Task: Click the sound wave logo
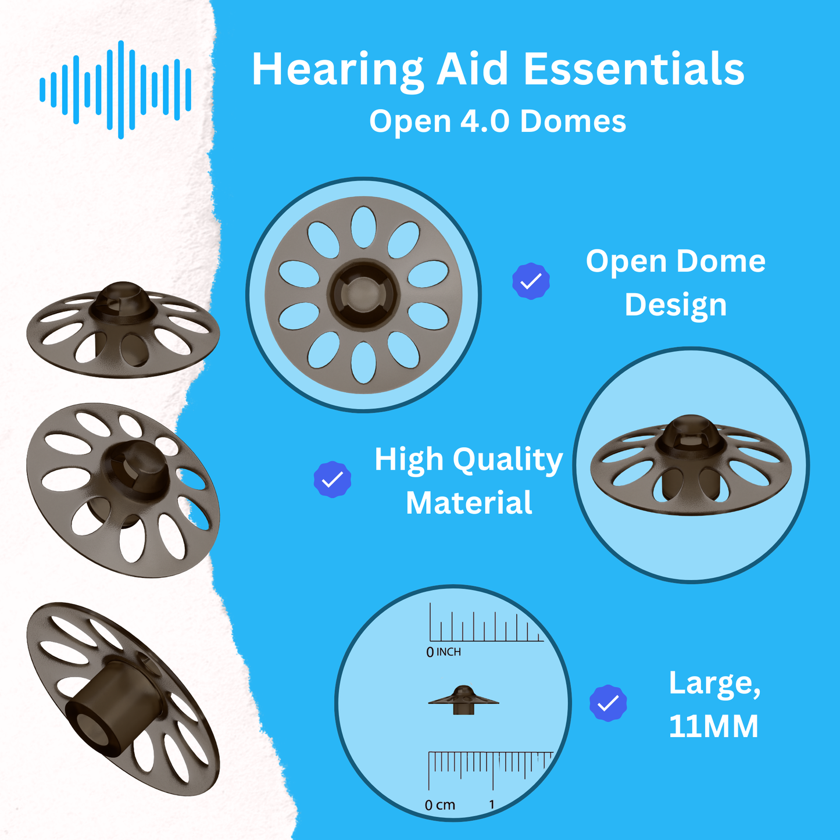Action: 115,90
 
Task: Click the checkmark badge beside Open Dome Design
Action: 531,281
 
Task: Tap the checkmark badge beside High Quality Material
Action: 332,480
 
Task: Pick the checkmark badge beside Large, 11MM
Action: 608,703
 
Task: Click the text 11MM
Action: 713,727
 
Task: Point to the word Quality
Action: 507,460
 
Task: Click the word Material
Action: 469,503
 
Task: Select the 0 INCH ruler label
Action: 444,652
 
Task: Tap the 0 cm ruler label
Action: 439,805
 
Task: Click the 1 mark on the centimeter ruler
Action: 492,805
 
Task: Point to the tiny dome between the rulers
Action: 463,699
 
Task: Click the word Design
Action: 675,305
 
